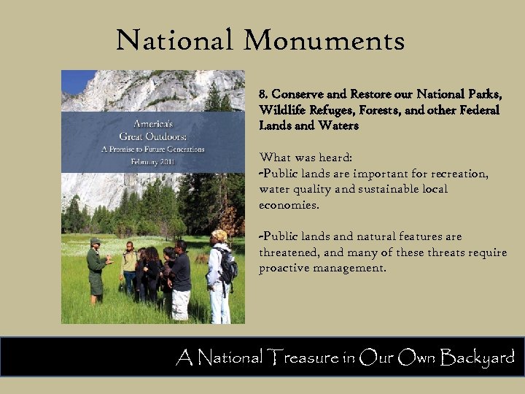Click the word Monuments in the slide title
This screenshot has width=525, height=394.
tap(324, 41)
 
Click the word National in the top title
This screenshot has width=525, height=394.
tap(172, 41)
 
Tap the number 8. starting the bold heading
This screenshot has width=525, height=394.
tap(264, 95)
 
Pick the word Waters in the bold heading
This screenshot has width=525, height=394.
tap(338, 125)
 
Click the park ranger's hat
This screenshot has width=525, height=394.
tap(95, 241)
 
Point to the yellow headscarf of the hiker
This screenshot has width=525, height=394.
tap(219, 236)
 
